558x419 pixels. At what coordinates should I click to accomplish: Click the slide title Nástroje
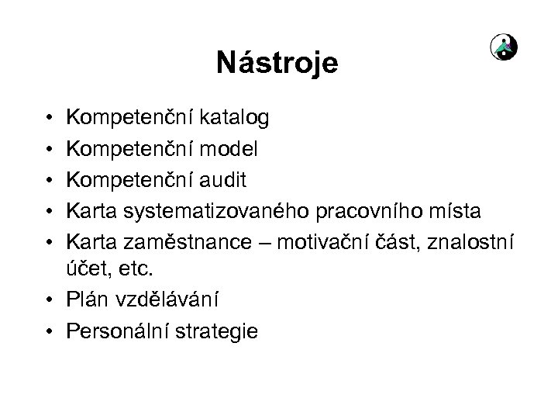tap(277, 63)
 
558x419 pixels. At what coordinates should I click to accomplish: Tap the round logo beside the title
tap(505, 49)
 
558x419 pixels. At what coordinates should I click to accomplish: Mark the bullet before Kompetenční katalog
tap(49, 119)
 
